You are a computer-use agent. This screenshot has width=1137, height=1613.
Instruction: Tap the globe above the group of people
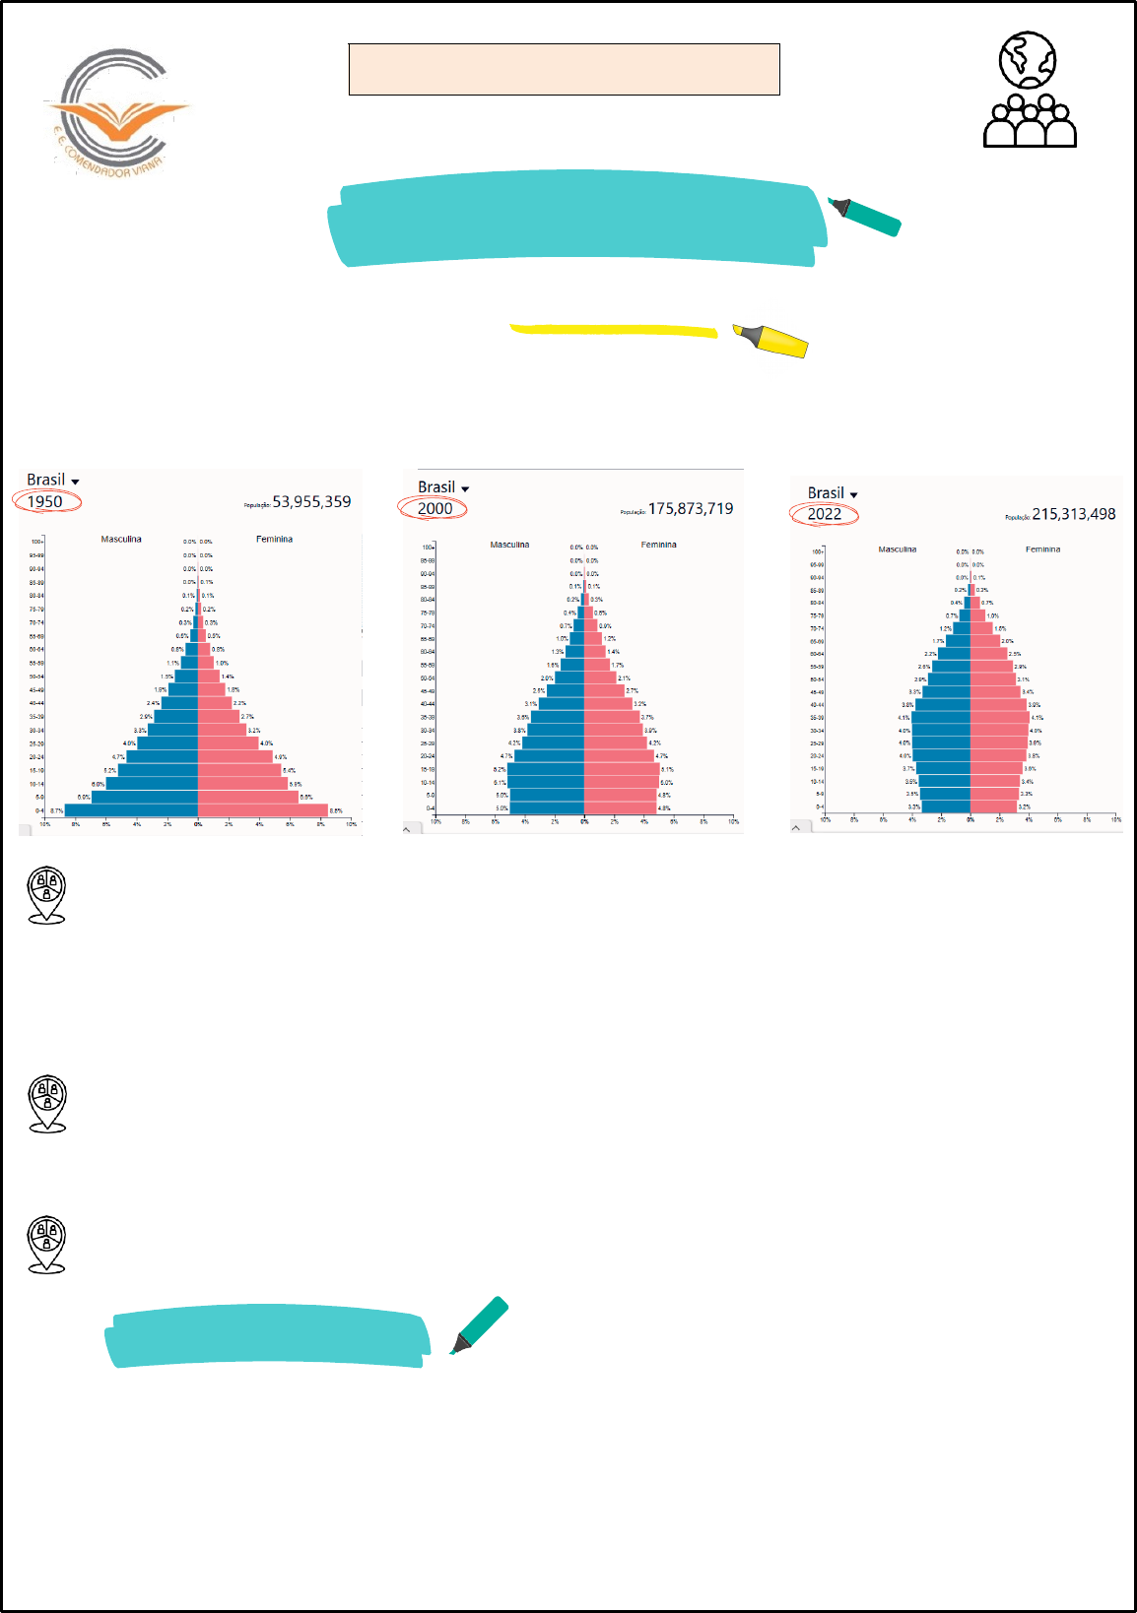pos(1027,59)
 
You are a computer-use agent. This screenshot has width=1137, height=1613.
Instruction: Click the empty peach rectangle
pos(564,69)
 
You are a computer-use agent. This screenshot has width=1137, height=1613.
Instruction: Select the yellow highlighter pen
pos(770,340)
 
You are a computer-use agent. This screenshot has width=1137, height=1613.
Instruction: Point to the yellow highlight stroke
pos(613,330)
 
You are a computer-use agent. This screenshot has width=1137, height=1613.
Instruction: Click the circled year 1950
pos(45,501)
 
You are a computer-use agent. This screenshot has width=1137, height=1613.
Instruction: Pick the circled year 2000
pos(435,508)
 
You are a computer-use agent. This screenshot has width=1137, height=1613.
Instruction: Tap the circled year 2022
pos(825,514)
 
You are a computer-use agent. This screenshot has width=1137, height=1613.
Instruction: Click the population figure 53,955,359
pos(311,501)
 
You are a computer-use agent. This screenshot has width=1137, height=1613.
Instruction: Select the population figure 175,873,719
pos(691,508)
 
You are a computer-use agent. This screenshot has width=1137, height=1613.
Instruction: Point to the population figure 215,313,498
pos(1074,514)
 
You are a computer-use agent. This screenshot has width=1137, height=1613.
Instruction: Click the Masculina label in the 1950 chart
pos(121,539)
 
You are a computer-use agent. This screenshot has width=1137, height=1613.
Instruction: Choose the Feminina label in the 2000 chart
pos(658,545)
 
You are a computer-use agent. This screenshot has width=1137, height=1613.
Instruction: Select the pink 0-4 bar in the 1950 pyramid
pos(262,810)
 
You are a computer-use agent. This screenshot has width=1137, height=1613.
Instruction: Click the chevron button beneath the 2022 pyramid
pos(797,827)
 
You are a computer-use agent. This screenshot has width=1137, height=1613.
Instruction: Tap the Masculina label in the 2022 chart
pos(897,549)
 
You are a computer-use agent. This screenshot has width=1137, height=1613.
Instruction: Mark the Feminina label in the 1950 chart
pos(274,539)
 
